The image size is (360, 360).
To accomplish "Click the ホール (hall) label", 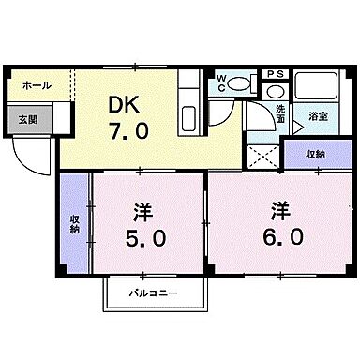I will tap(37, 86).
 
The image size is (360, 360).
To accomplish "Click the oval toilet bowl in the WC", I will tap(240, 83).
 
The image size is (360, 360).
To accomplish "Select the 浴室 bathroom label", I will tap(318, 116).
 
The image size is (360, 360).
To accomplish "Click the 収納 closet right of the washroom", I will tap(314, 154).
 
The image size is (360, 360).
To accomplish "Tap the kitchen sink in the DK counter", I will tap(186, 120).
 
